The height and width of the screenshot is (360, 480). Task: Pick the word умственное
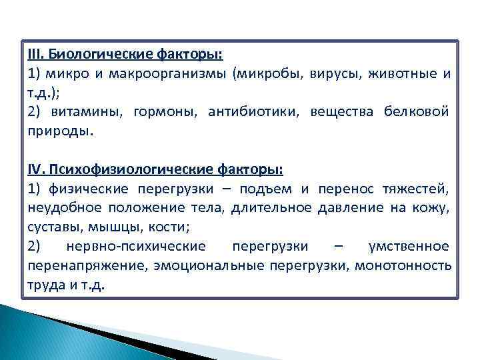pos(409,247)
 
